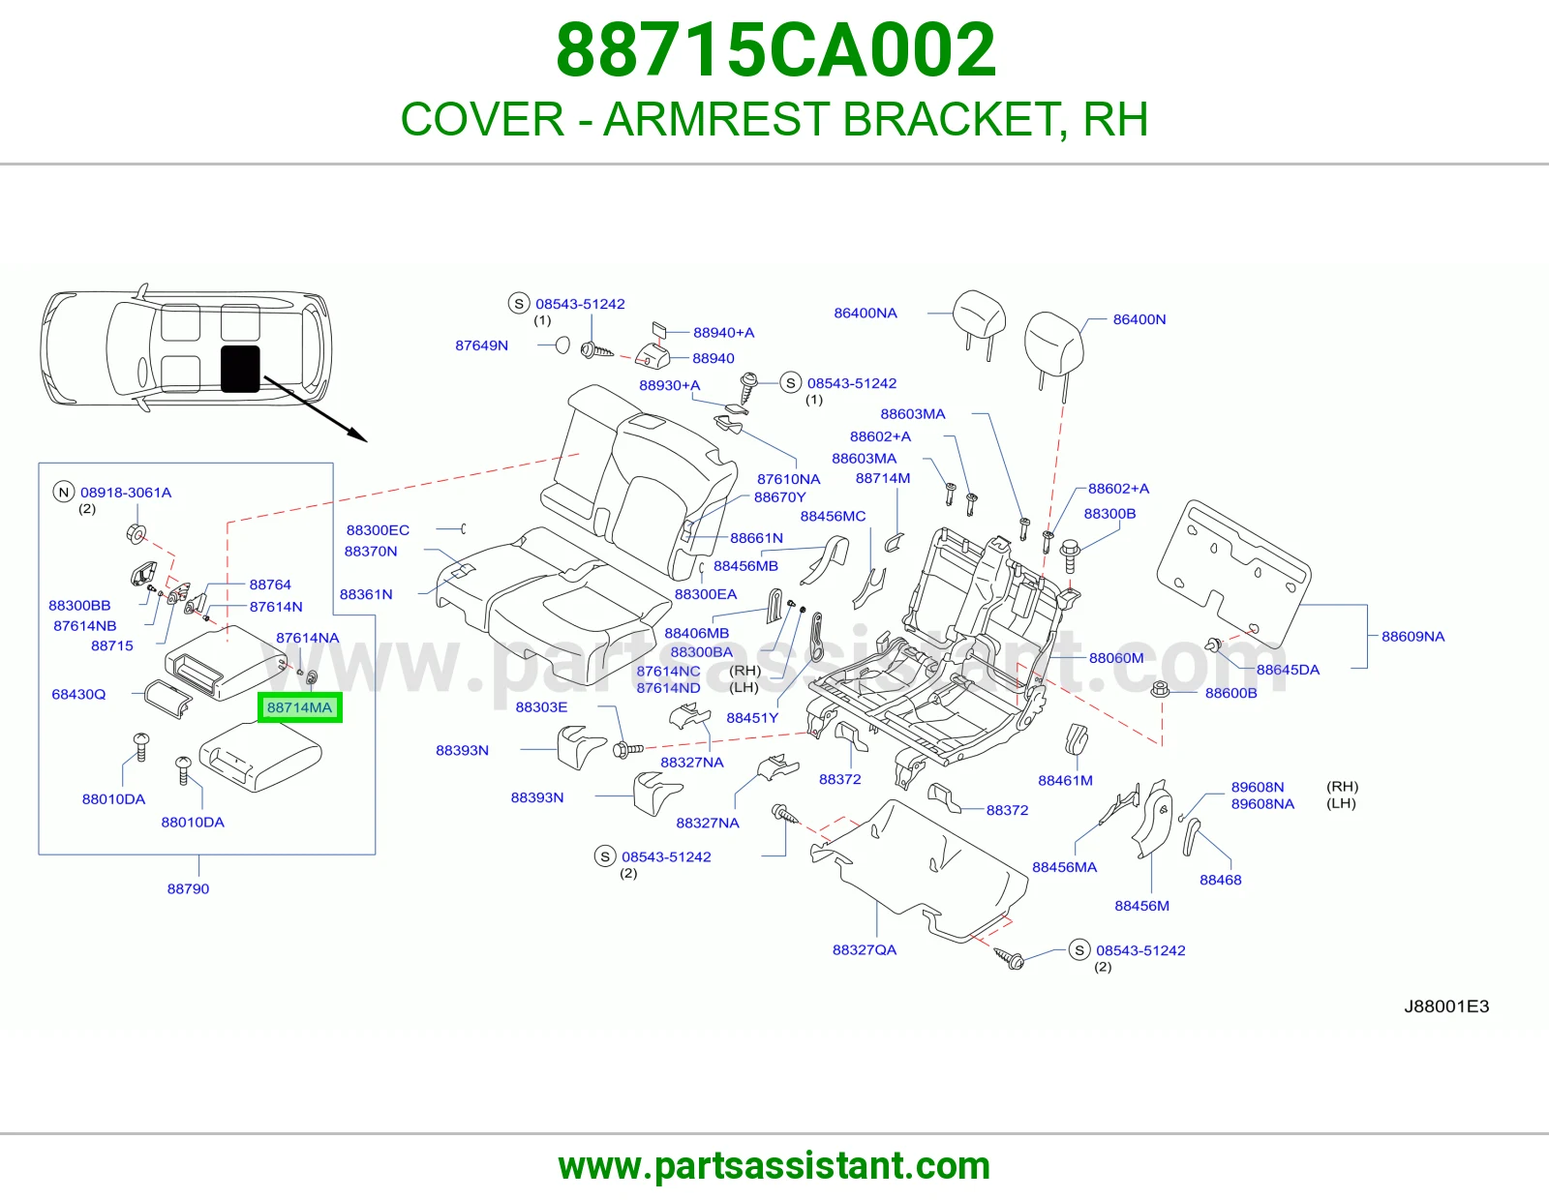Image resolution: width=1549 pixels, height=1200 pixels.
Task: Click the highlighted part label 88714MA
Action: [299, 707]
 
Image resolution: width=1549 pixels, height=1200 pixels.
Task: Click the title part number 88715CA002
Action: [775, 50]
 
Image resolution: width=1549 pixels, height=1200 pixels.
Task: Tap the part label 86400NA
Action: [866, 313]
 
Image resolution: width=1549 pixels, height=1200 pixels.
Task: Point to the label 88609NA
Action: [1412, 637]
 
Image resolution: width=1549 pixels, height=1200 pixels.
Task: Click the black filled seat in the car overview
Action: [240, 369]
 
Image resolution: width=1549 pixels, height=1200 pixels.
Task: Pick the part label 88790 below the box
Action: [188, 888]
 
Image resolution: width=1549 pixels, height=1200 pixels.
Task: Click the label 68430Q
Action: [78, 694]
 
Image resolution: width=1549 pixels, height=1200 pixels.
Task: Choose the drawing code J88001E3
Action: [1446, 1006]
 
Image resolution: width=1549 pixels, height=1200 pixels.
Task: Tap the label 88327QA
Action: [864, 950]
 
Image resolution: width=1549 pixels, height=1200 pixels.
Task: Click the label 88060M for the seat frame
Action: [1115, 658]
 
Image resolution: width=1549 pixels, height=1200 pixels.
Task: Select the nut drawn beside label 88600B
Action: [1160, 689]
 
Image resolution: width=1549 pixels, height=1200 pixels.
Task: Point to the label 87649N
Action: [482, 345]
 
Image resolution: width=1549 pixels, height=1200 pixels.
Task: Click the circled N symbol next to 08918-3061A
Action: [64, 492]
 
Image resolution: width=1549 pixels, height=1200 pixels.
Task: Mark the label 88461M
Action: [1065, 780]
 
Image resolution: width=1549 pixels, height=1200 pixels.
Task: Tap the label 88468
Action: [1221, 880]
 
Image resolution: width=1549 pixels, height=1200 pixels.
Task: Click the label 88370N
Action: [371, 551]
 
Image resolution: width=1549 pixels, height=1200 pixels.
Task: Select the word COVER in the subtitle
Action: [482, 119]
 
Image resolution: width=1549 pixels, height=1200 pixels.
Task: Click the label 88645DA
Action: [1288, 669]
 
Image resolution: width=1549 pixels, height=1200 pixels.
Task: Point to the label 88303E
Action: [541, 706]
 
